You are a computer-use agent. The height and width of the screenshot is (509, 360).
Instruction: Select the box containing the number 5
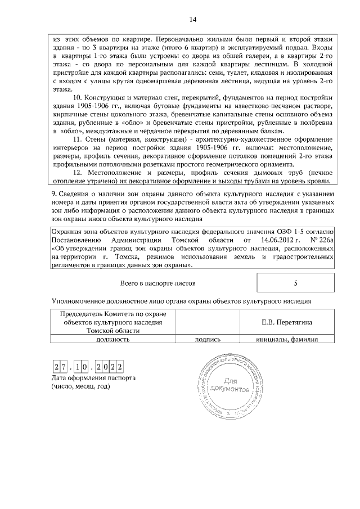pyautogui.click(x=295, y=283)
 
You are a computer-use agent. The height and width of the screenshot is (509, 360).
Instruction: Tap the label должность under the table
pyautogui.click(x=113, y=340)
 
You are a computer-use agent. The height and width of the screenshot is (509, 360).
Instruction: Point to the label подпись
pyautogui.click(x=207, y=340)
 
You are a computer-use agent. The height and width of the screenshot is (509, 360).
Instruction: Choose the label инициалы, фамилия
pyautogui.click(x=287, y=340)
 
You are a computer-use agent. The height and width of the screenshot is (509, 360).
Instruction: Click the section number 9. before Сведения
pyautogui.click(x=53, y=194)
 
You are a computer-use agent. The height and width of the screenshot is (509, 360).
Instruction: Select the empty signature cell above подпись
pyautogui.click(x=207, y=322)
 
